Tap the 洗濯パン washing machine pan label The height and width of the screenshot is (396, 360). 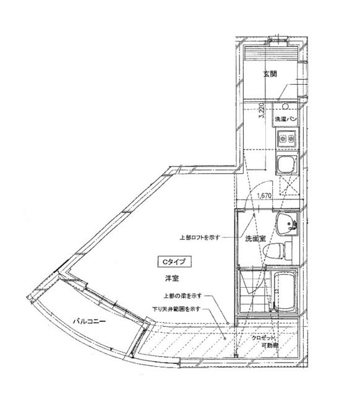(x=288, y=118)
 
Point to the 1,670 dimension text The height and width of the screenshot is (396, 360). (x=264, y=196)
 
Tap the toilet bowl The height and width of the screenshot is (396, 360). (x=273, y=251)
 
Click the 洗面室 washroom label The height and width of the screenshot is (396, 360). (x=255, y=238)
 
